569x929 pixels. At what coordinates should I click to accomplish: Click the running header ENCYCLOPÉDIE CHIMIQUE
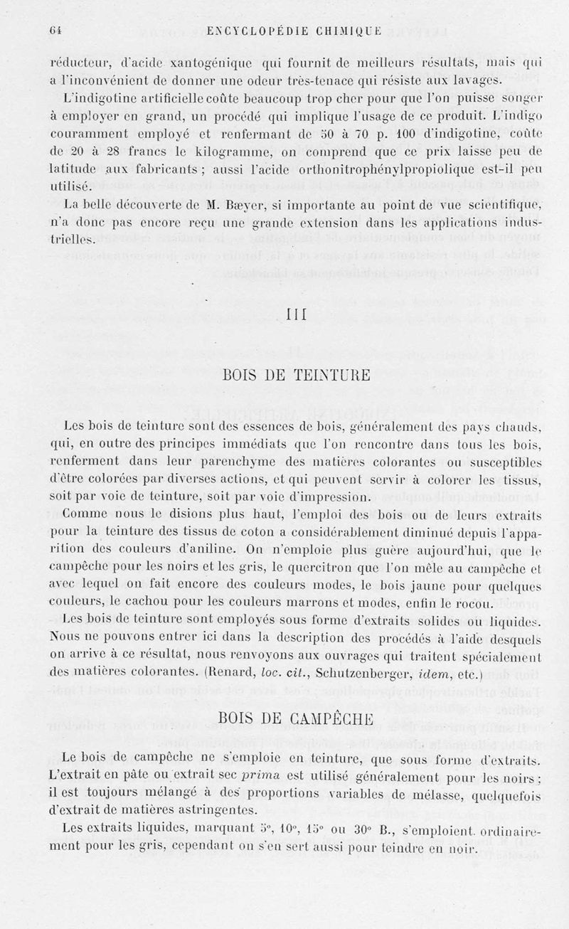(x=287, y=31)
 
